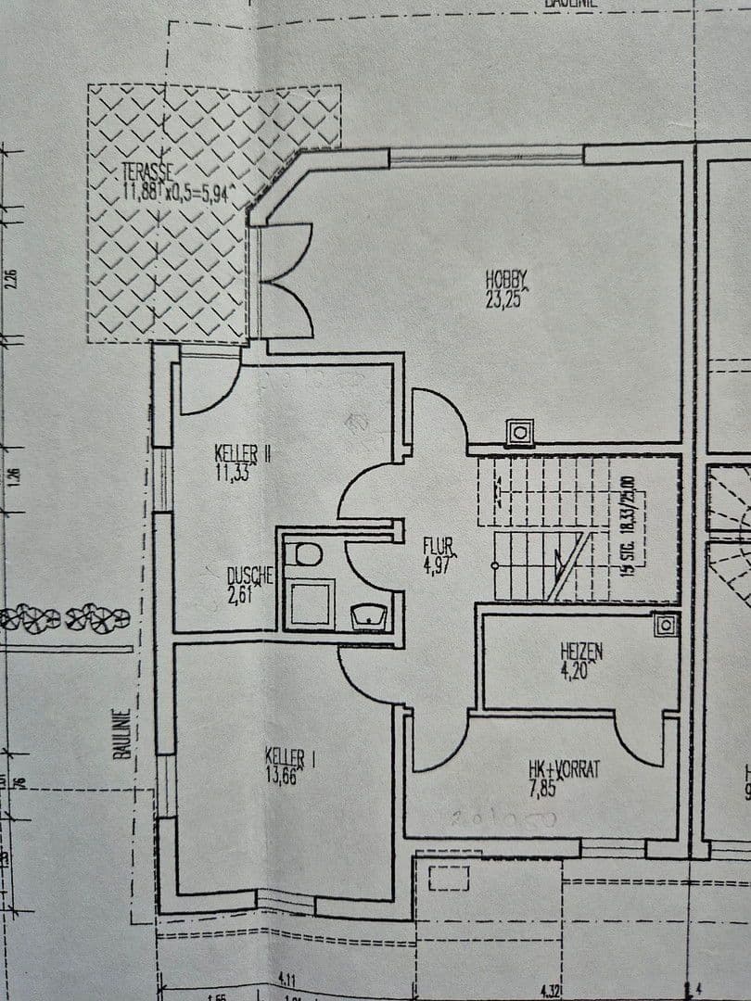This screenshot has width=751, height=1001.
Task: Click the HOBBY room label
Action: click(506, 277)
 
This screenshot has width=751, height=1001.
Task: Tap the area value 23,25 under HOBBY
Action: click(505, 298)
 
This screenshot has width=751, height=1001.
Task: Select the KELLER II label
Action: click(241, 453)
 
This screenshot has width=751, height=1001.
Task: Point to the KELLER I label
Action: click(288, 756)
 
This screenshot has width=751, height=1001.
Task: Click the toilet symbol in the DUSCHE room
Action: click(303, 554)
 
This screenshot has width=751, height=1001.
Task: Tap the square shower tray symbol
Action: click(309, 602)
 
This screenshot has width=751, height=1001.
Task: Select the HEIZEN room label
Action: click(580, 652)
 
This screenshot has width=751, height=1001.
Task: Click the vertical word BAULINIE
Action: click(121, 734)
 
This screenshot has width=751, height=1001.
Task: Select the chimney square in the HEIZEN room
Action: click(665, 626)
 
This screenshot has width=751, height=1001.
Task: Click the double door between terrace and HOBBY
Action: click(283, 281)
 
